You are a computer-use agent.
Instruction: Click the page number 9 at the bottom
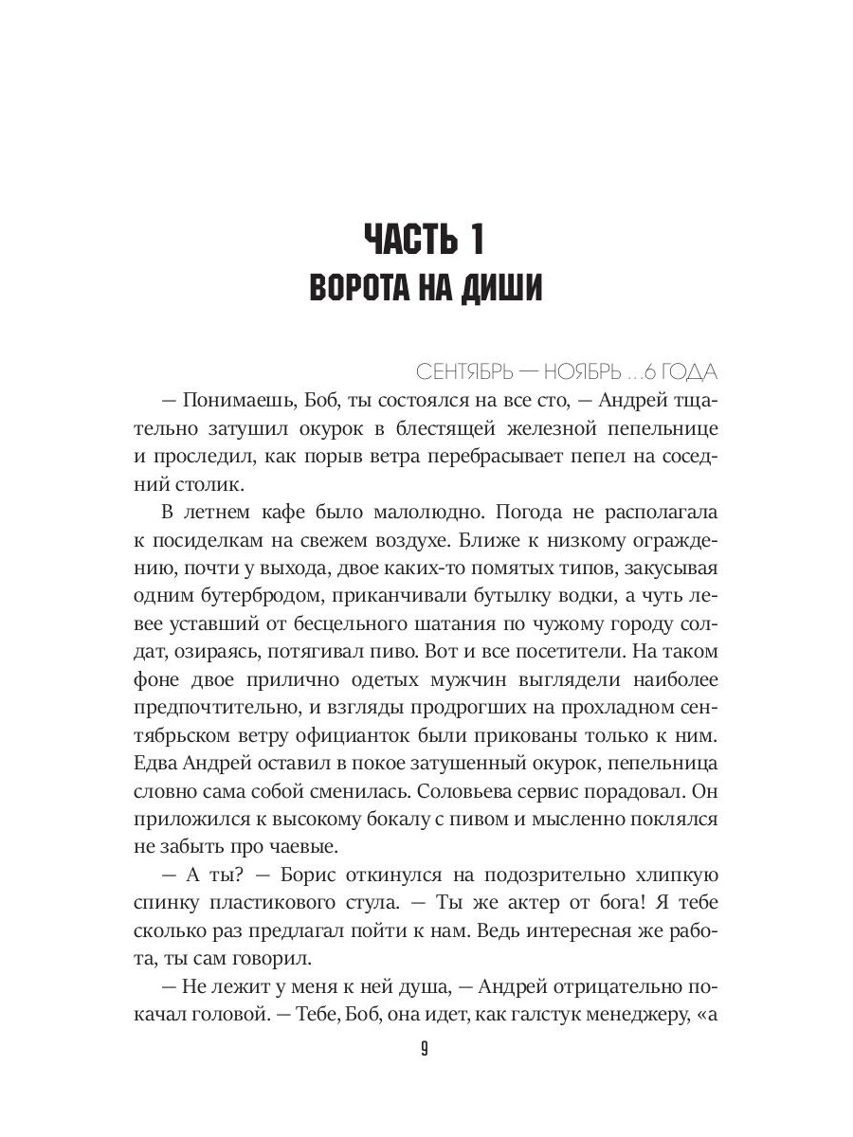(426, 1049)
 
